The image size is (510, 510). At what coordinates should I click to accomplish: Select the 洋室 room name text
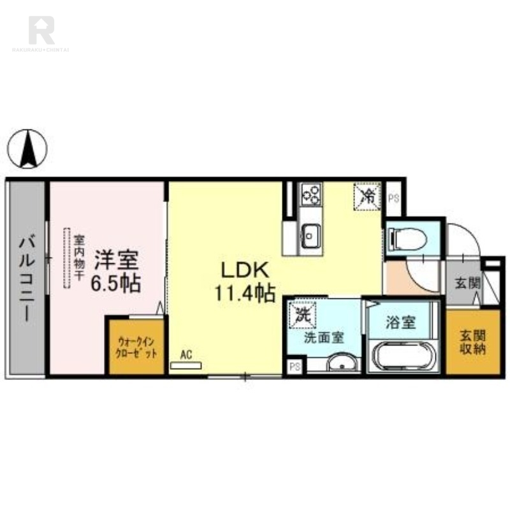coord(116,261)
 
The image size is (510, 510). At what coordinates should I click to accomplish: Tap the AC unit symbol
coord(186,366)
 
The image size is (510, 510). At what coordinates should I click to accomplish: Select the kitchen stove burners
coord(312,194)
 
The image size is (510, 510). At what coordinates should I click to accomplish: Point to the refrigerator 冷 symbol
coord(368,196)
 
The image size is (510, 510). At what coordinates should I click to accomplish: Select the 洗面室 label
coord(324,339)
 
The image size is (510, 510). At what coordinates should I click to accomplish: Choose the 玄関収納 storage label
coord(472,342)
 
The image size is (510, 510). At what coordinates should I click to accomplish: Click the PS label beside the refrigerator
coord(393,197)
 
